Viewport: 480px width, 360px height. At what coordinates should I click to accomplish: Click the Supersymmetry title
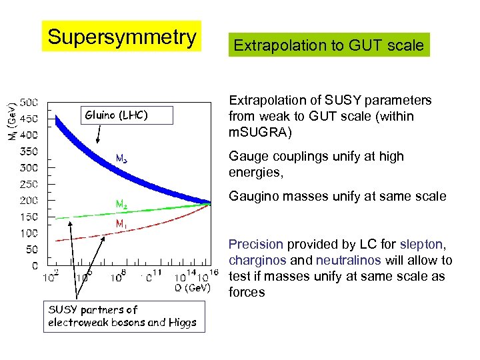(x=122, y=37)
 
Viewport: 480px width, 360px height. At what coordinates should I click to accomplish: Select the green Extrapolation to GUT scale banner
(x=329, y=45)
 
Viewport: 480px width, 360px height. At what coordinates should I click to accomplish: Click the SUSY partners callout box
(x=124, y=316)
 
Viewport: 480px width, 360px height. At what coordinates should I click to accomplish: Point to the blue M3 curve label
(x=122, y=159)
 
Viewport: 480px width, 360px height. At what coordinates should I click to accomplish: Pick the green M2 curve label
(x=121, y=204)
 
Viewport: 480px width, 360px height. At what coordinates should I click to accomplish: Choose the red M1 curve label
(x=122, y=225)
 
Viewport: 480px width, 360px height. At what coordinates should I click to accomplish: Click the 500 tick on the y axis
(x=29, y=103)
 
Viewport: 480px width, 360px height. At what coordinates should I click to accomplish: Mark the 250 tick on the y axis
(x=29, y=184)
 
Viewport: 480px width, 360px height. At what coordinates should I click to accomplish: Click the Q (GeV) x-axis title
(x=192, y=288)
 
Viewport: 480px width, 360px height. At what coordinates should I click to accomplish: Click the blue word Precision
(x=256, y=245)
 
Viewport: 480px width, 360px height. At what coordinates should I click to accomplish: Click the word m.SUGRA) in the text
(x=260, y=133)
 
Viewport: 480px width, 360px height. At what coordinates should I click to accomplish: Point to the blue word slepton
(x=423, y=245)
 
